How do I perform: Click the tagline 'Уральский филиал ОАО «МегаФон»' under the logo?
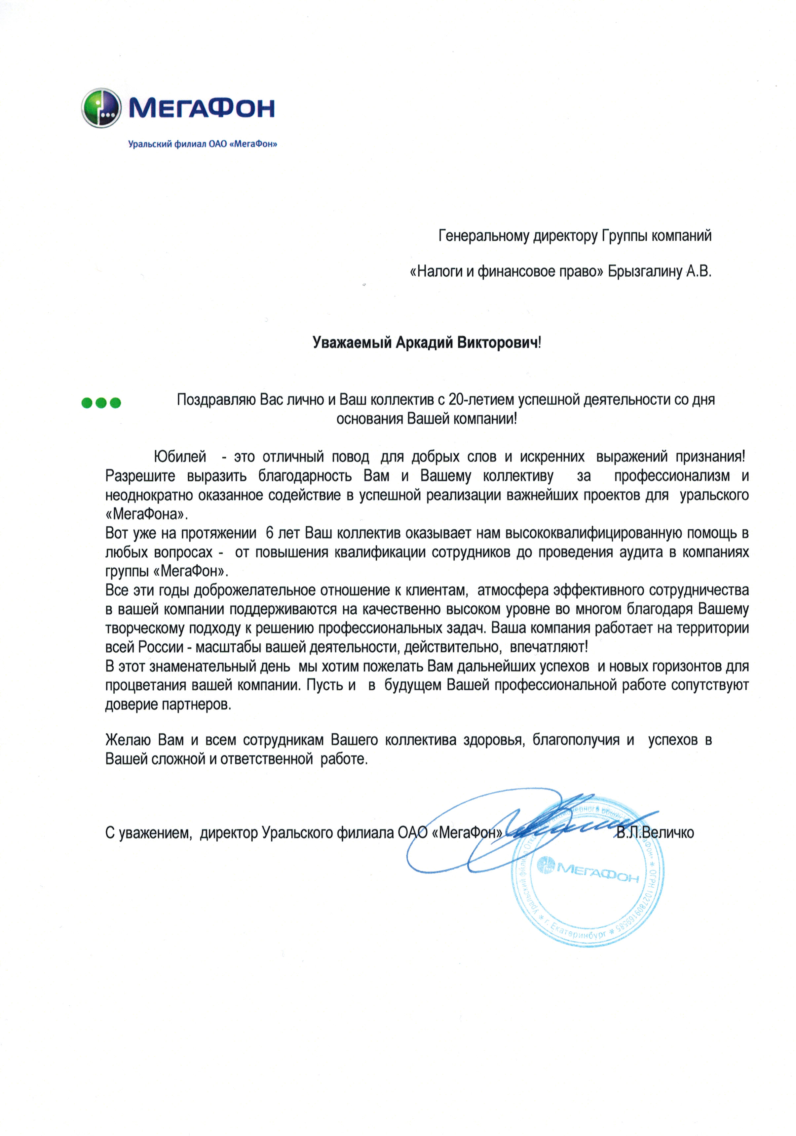(202, 144)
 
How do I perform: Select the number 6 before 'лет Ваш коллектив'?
(269, 533)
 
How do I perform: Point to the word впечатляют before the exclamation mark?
(547, 647)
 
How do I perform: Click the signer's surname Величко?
(667, 833)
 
